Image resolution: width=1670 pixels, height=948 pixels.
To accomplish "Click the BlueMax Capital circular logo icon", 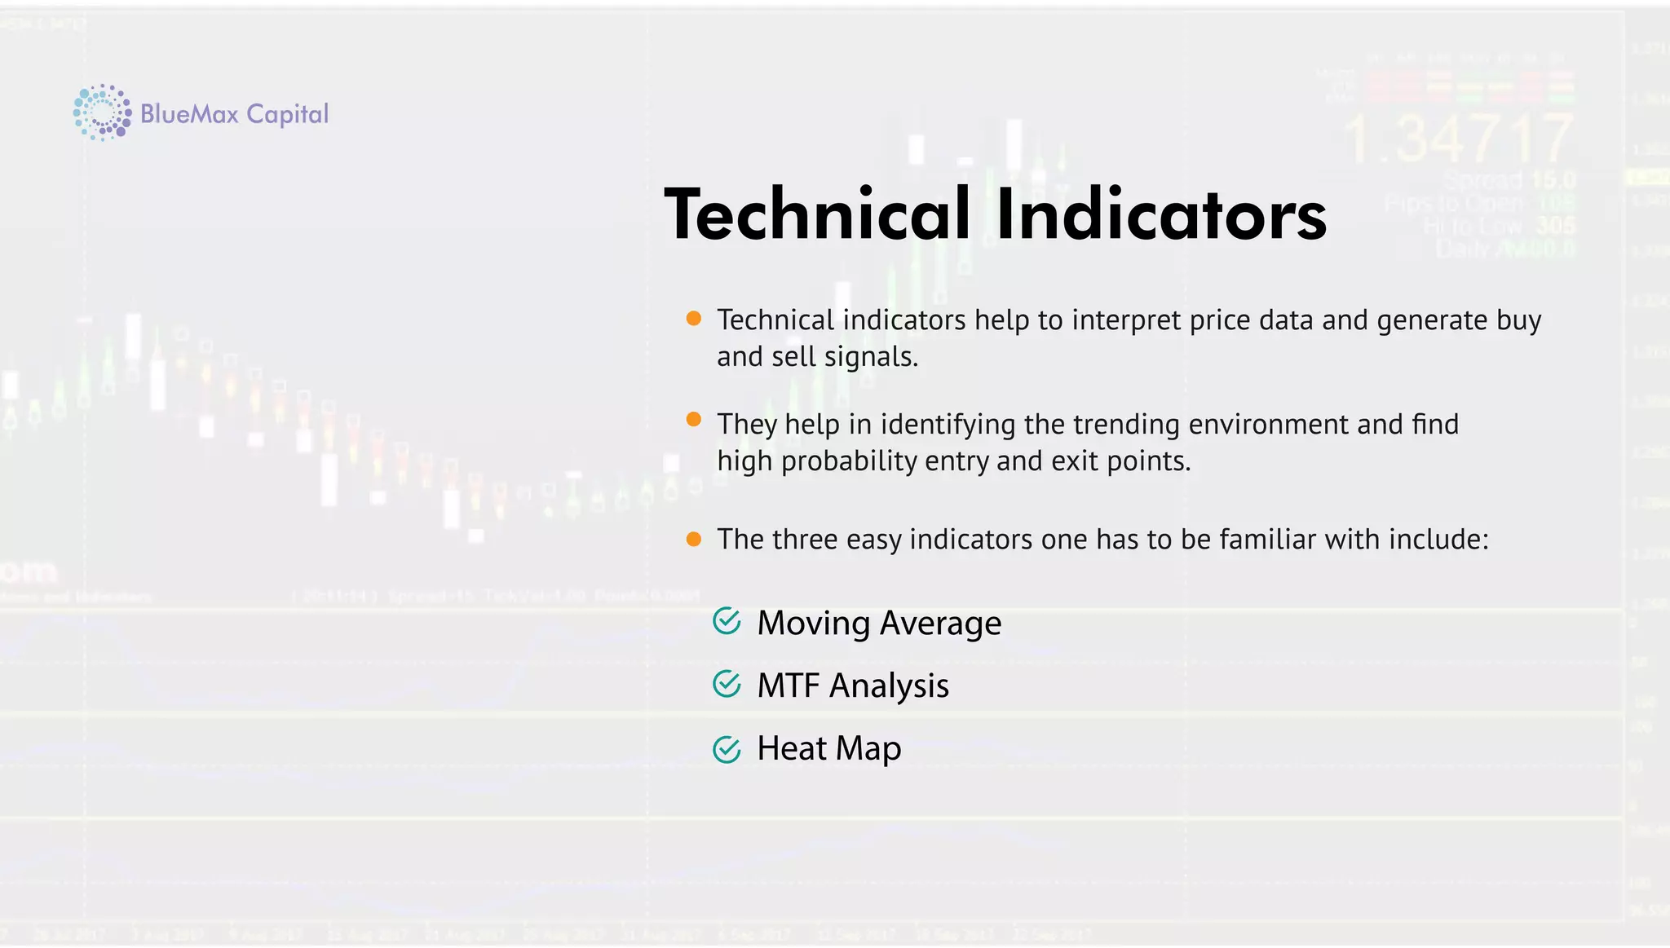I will [102, 112].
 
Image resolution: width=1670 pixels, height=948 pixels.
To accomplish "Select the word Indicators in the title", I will [1161, 214].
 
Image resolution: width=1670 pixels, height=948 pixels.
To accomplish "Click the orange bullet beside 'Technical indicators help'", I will [694, 319].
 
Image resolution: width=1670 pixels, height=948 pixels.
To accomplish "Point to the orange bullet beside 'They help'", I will [694, 420].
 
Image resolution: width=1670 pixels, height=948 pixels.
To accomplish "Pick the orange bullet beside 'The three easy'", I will [694, 539].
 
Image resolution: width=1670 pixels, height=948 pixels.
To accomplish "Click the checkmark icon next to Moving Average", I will [727, 621].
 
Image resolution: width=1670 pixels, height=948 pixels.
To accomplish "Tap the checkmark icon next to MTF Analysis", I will [727, 684].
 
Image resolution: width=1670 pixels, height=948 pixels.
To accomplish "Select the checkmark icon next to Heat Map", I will [727, 748].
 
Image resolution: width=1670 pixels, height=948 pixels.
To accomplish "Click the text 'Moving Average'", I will [879, 624].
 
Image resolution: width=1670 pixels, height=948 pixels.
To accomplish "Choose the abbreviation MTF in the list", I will [789, 686].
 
